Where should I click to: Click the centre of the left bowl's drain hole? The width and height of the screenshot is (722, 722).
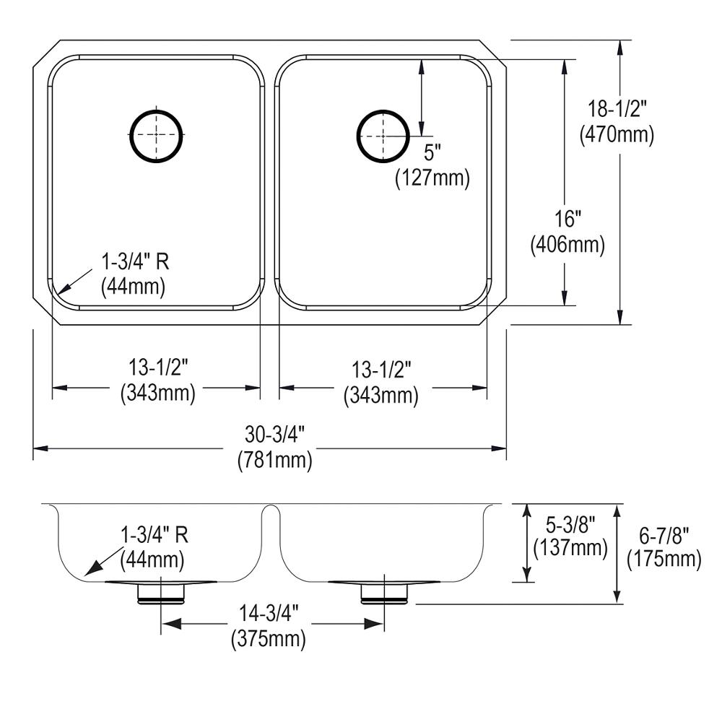pyautogui.click(x=156, y=135)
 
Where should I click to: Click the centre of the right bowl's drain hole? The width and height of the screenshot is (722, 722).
pyautogui.click(x=383, y=136)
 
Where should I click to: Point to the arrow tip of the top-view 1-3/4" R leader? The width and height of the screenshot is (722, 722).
pyautogui.click(x=60, y=293)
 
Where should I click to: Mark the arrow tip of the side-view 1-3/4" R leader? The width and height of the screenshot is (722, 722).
pyautogui.click(x=85, y=575)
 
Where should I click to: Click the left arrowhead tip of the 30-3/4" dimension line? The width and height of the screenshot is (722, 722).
pyautogui.click(x=34, y=448)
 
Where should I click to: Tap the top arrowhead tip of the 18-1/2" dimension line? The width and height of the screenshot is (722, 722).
pyautogui.click(x=621, y=40)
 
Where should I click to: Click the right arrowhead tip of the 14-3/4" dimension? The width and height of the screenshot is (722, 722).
pyautogui.click(x=383, y=625)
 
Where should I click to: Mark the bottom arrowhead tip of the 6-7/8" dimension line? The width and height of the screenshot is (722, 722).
pyautogui.click(x=617, y=603)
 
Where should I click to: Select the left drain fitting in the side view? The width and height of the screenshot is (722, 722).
pyautogui.click(x=161, y=592)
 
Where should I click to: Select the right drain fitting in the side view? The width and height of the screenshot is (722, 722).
pyautogui.click(x=383, y=592)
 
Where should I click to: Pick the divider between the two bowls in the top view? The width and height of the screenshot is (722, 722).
pyautogui.click(x=270, y=183)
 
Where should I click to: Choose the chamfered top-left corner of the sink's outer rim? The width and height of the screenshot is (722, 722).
pyautogui.click(x=47, y=55)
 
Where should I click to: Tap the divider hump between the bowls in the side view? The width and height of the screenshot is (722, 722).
pyautogui.click(x=270, y=512)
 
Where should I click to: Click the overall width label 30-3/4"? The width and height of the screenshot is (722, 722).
pyautogui.click(x=275, y=435)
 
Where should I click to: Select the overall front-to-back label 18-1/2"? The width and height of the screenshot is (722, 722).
pyautogui.click(x=617, y=110)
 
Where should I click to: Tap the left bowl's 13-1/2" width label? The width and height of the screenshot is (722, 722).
pyautogui.click(x=158, y=367)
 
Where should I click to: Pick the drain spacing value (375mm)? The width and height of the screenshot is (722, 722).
pyautogui.click(x=269, y=639)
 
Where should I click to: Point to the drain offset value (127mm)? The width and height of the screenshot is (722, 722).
pyautogui.click(x=432, y=178)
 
